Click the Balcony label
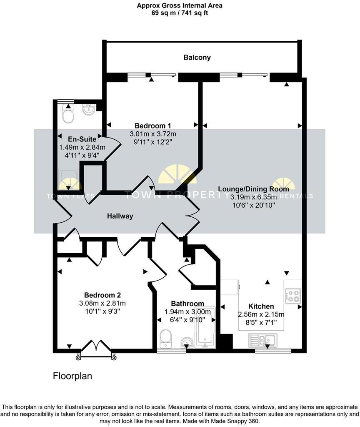tap(197, 58)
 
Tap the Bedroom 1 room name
tap(152, 126)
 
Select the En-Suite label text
tap(82, 139)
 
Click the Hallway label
tap(120, 216)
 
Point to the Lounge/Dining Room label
tap(253, 188)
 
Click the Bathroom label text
tap(187, 304)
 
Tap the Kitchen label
tap(261, 306)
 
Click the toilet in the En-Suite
tap(67, 114)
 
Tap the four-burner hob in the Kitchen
tap(293, 296)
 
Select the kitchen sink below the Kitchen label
tap(262, 340)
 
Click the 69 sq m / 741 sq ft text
tap(180, 13)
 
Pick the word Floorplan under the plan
tap(72, 376)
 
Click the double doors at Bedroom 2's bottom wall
tap(96, 349)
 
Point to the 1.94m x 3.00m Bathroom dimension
tap(187, 312)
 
